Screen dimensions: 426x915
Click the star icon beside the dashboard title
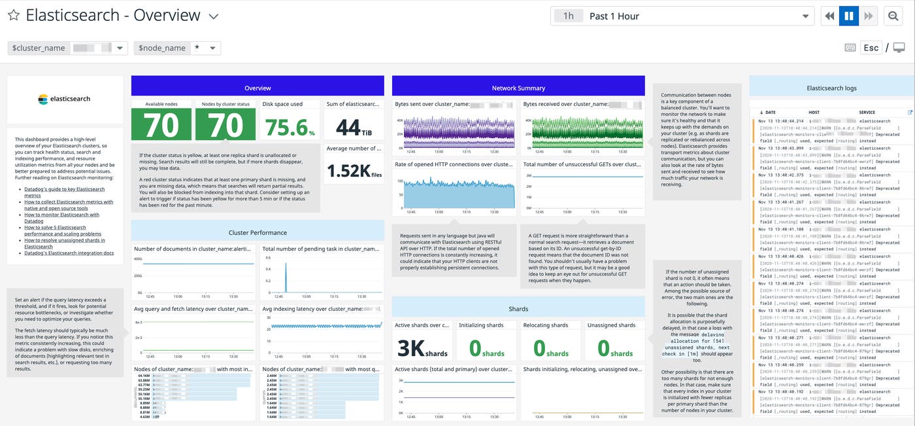pos(13,16)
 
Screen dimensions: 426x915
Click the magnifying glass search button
pos(892,16)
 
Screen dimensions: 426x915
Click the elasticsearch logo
pos(65,99)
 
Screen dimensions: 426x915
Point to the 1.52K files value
pos(354,171)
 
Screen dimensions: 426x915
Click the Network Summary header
pos(518,88)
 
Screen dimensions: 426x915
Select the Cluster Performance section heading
pos(258,232)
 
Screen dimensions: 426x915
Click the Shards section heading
pos(518,309)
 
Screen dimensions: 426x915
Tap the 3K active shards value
pos(423,347)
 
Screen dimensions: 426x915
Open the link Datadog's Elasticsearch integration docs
pos(69,253)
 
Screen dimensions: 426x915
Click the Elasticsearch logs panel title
pos(831,88)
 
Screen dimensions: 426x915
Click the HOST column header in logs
pos(813,113)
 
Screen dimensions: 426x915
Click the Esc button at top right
pos(871,48)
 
